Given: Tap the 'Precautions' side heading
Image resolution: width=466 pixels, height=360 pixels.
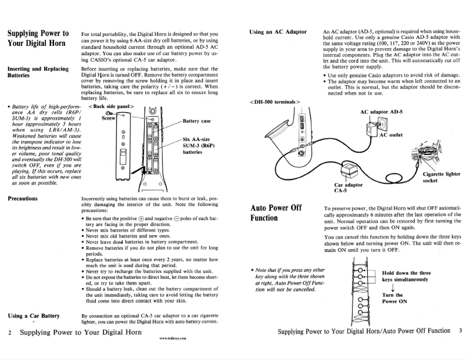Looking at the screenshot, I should (x=23, y=198).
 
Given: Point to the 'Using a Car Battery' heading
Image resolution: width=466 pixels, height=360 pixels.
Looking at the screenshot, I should (x=34, y=315).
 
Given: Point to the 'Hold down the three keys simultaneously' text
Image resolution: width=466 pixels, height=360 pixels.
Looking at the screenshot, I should (x=406, y=276).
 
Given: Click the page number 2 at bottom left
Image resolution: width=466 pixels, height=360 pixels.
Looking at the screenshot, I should (x=10, y=333).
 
